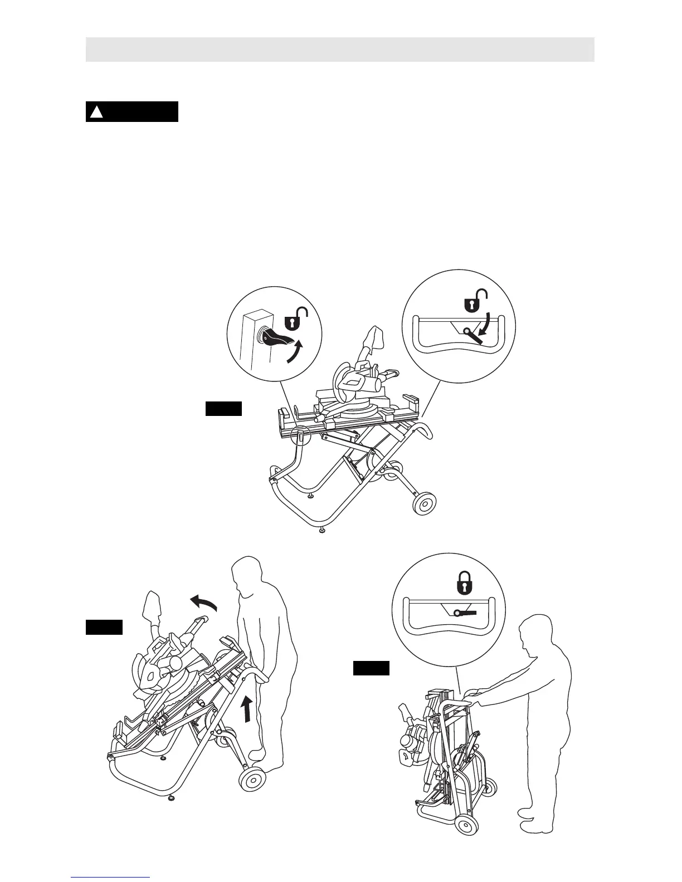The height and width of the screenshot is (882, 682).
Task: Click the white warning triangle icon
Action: [x=98, y=112]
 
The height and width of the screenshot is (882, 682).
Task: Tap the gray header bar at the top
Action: [x=340, y=50]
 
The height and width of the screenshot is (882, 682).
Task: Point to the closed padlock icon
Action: [x=463, y=584]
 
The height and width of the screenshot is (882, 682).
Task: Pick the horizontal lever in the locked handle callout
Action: [x=465, y=612]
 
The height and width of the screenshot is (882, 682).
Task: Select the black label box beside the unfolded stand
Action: [x=223, y=409]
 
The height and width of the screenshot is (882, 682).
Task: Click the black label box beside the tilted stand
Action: [x=104, y=627]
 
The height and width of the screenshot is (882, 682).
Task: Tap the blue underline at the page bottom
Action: [x=110, y=878]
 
